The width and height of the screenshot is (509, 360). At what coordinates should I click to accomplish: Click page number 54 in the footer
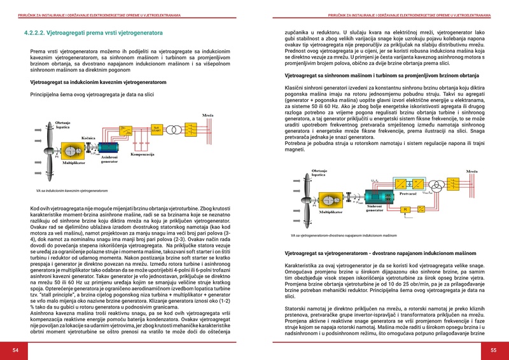click(17, 350)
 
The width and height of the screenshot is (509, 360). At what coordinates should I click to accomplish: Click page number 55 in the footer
click(492, 350)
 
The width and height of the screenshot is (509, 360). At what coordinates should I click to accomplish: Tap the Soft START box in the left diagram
click(157, 128)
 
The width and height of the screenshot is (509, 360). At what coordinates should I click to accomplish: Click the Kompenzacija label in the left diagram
click(143, 155)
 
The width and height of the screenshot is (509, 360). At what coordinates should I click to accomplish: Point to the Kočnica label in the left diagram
click(88, 137)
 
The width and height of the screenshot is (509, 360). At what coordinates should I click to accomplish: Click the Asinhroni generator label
click(109, 159)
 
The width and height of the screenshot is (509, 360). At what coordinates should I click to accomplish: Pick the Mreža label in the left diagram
click(208, 115)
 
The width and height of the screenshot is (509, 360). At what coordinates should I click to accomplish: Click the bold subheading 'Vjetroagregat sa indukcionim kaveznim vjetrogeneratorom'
click(98, 83)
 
